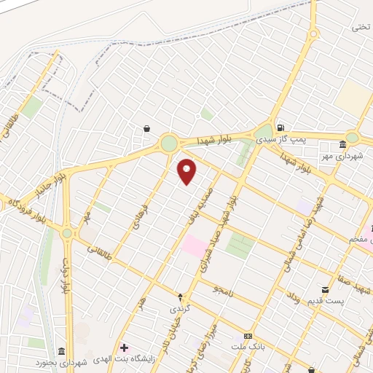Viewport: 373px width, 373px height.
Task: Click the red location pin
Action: [x=187, y=171]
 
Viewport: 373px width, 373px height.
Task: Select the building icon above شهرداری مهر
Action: [x=342, y=145]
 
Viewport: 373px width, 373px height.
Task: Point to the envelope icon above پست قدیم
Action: [x=325, y=290]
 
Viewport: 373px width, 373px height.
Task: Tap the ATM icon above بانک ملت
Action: [x=248, y=336]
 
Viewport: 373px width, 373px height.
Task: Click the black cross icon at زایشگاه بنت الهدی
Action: [x=124, y=348]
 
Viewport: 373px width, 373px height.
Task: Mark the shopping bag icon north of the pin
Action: [x=147, y=128]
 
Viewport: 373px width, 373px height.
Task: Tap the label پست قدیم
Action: [x=322, y=301]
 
